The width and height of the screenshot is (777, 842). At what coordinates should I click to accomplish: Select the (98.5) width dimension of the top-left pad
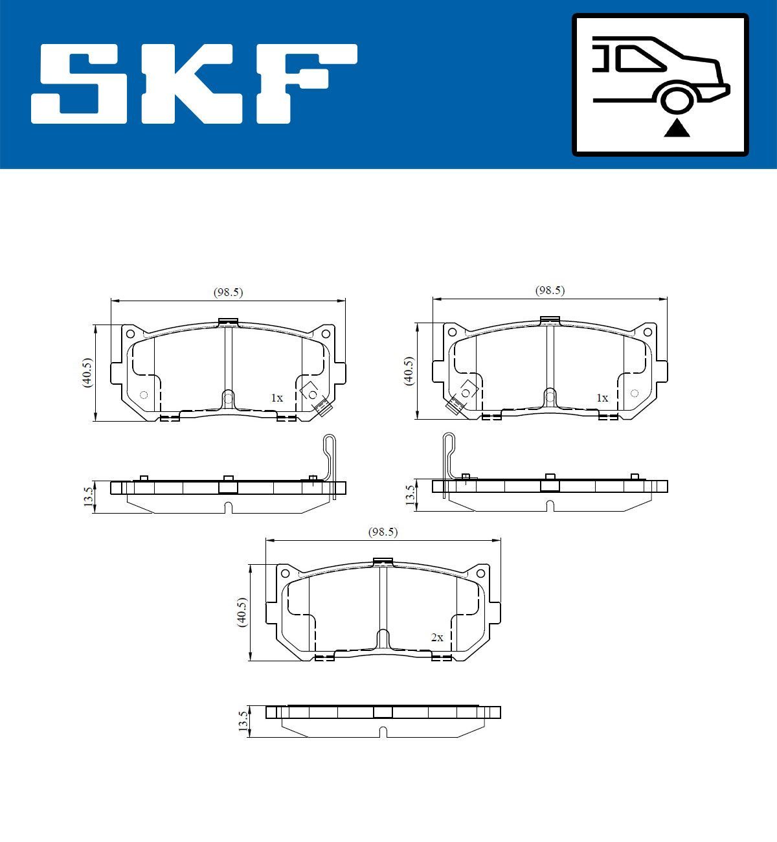click(228, 292)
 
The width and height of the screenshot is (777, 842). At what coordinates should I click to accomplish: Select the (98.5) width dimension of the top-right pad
click(550, 291)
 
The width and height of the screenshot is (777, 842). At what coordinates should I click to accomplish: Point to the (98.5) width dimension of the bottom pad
click(383, 532)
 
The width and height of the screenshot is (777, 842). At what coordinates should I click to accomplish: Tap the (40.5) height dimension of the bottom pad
click(242, 611)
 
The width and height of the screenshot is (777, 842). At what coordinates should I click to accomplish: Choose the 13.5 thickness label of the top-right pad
click(409, 495)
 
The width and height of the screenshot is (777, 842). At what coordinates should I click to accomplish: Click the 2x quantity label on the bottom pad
click(437, 637)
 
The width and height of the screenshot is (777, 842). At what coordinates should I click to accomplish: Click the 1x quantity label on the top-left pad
click(276, 398)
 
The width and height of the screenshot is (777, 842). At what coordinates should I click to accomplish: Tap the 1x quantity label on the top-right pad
click(602, 398)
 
